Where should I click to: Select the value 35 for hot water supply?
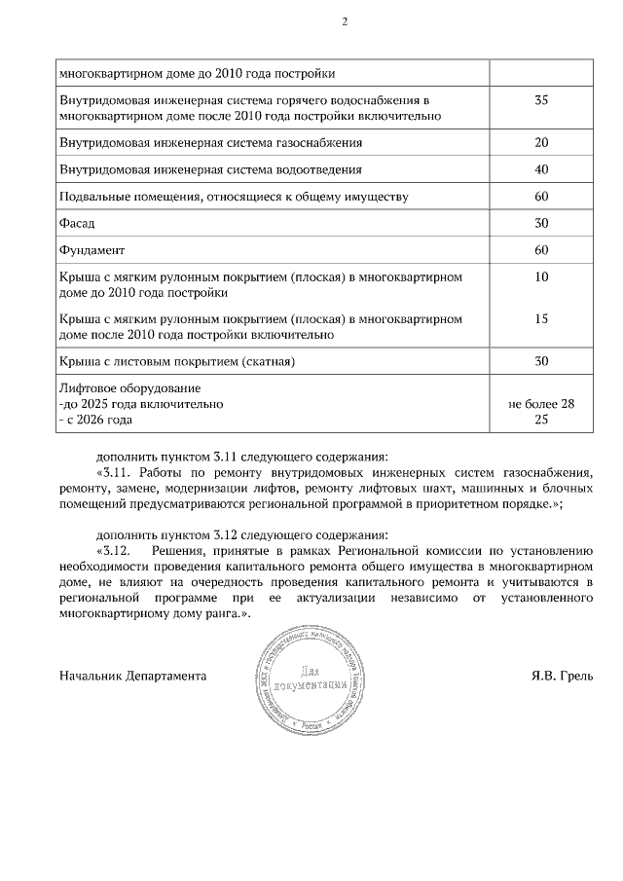tap(542, 100)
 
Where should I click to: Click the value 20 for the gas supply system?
tap(542, 142)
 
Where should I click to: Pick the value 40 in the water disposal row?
tap(542, 169)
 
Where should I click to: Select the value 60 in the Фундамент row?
tap(542, 250)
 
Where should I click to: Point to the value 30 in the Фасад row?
tap(542, 223)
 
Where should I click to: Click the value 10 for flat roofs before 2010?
tap(542, 277)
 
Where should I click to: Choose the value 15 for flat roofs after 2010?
tap(542, 318)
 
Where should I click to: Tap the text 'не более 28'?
tap(542, 403)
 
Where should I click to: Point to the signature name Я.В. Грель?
tap(561, 676)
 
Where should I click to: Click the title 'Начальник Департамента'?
tap(132, 676)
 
